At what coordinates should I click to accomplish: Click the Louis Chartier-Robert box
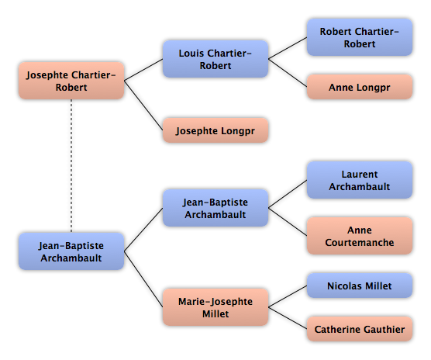point(215,59)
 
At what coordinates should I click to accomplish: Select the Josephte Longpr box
point(215,130)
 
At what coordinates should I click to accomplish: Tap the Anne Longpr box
point(360,87)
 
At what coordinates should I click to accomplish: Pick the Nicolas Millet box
point(360,286)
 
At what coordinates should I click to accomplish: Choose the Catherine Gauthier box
point(360,329)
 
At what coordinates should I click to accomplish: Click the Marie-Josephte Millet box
point(215,307)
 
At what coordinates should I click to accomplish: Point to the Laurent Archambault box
point(360,180)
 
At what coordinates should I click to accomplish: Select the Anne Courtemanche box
point(360,236)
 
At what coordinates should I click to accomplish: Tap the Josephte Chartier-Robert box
point(71,81)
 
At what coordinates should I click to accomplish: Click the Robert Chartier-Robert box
point(360,37)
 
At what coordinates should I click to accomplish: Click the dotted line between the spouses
point(71,166)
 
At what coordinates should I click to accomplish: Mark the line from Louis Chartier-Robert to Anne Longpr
point(288,73)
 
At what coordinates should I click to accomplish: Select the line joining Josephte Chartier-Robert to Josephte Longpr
point(143,106)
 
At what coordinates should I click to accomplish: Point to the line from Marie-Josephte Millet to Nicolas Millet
point(288,296)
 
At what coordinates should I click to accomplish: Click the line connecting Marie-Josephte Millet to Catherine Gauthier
point(288,318)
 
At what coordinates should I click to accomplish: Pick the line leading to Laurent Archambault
point(288,194)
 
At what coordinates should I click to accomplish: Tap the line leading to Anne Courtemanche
point(288,222)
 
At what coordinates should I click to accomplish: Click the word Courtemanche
point(360,242)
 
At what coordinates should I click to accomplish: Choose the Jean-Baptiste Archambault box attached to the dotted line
point(71,251)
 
